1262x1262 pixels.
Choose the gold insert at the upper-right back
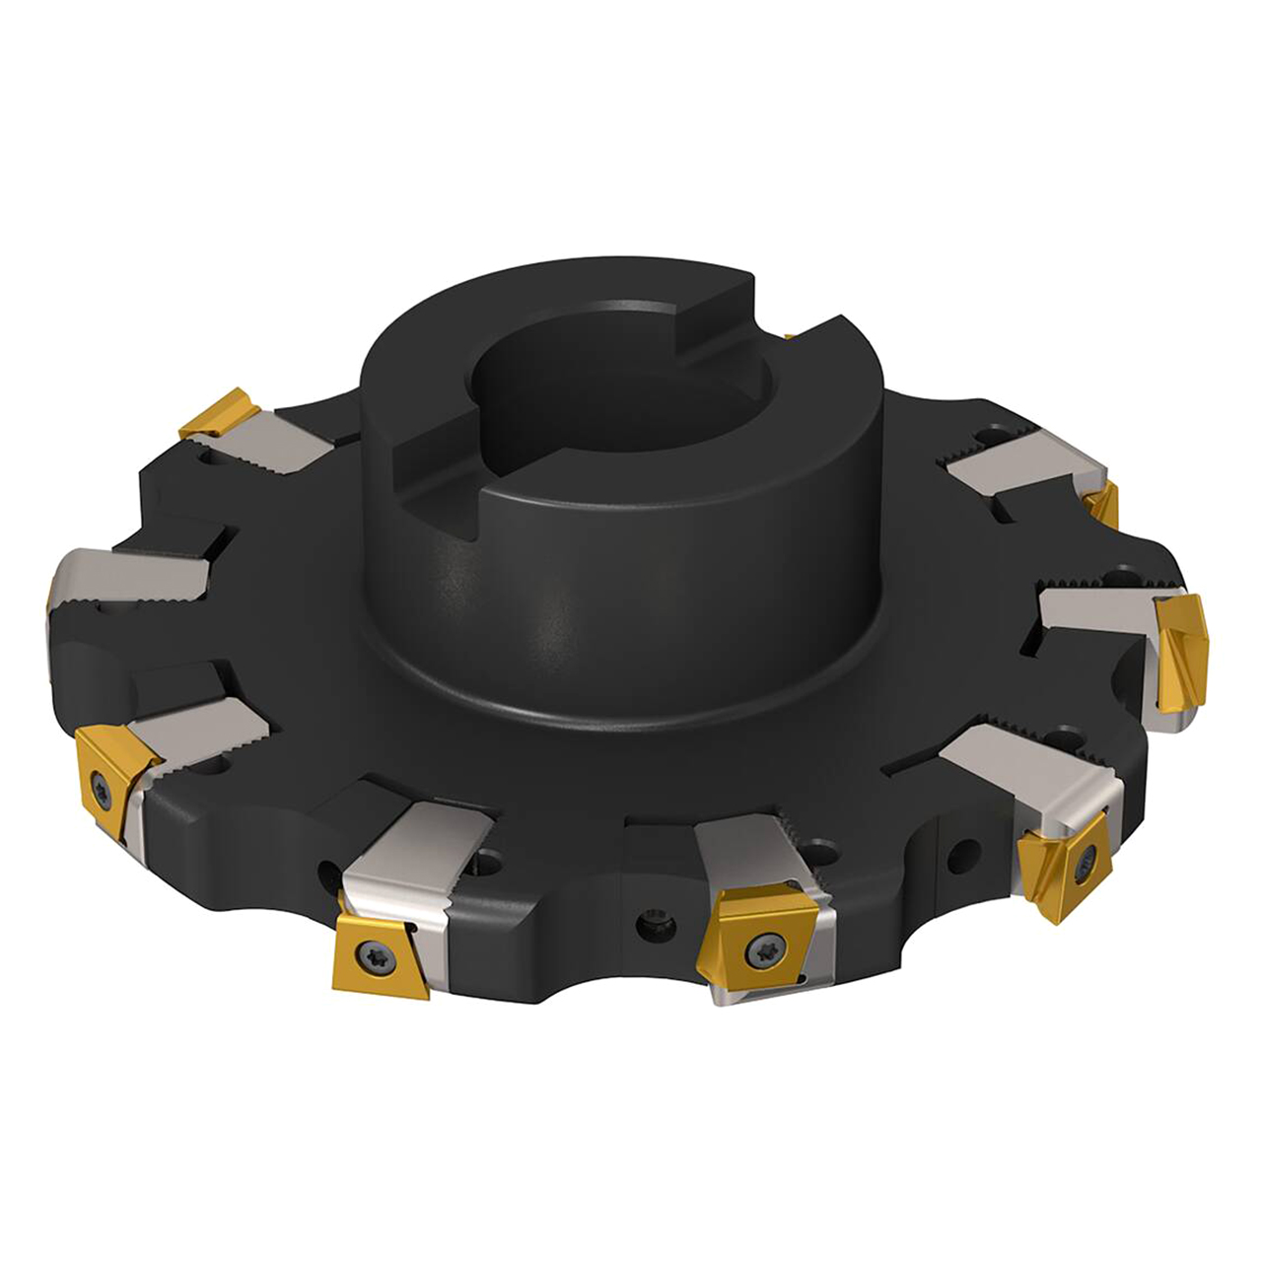1101,503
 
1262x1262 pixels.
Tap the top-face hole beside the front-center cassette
817,848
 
